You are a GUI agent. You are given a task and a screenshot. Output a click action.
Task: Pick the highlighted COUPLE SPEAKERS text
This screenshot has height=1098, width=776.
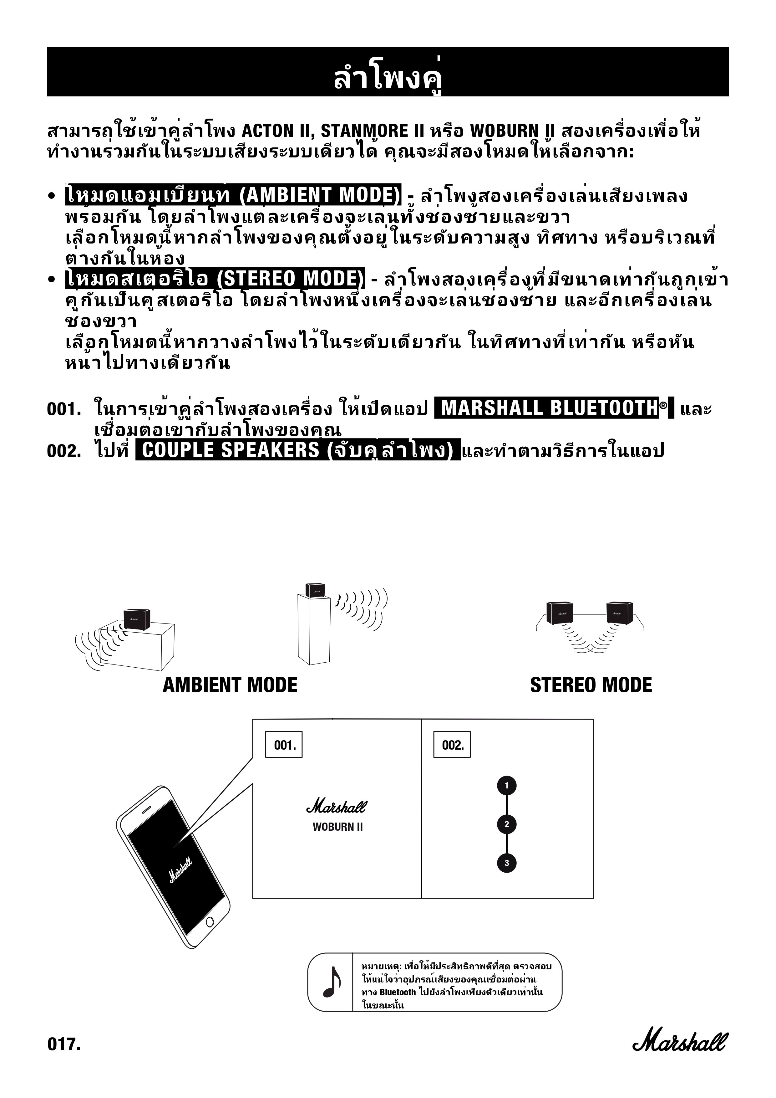point(298,450)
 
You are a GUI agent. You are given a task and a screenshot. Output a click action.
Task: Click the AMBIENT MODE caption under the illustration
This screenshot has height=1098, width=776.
point(230,685)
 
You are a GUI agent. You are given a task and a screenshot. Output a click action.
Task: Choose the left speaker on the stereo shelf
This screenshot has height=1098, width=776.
point(560,613)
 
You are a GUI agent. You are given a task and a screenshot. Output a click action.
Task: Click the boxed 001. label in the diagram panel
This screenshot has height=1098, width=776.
point(284,745)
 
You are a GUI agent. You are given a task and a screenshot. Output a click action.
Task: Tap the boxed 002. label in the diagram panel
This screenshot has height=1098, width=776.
point(452,745)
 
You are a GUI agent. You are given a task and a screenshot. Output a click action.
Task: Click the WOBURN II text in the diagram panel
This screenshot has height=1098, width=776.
point(338,827)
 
